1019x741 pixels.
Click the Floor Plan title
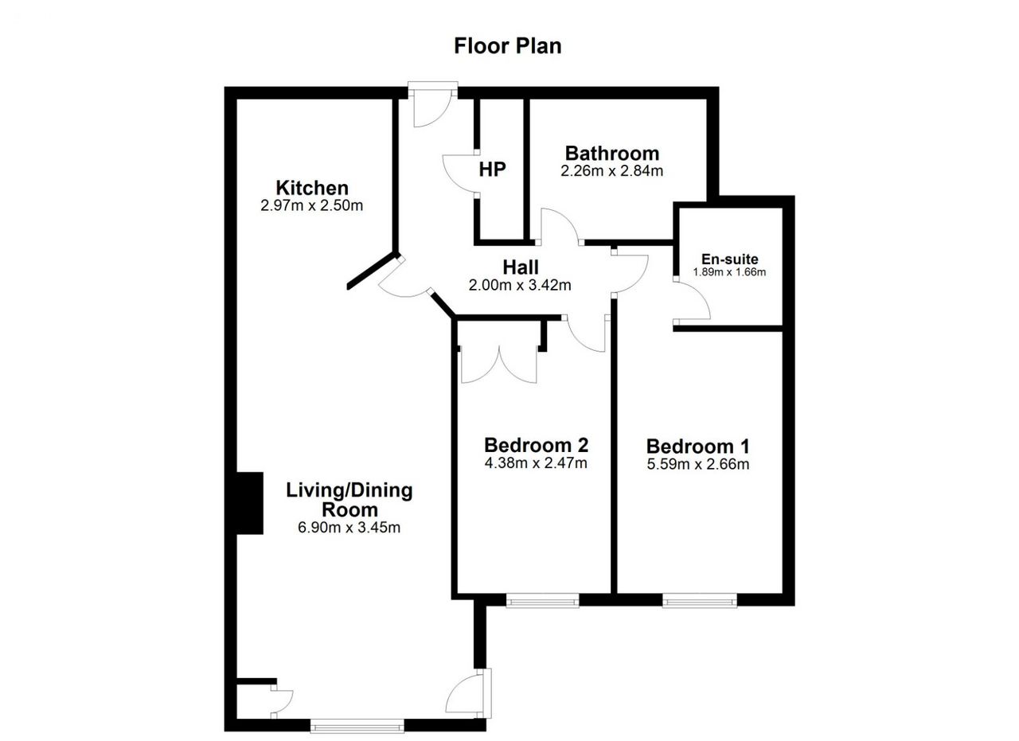(x=508, y=46)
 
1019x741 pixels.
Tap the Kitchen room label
(x=312, y=188)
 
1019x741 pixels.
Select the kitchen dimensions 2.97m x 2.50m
(x=311, y=205)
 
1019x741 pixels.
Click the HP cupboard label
(x=492, y=170)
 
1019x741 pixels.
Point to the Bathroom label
(x=612, y=154)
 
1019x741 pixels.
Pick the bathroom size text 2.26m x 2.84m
(x=612, y=171)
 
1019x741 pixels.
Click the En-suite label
(x=730, y=259)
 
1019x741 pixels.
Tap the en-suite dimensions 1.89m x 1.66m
(x=729, y=272)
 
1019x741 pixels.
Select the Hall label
(x=521, y=267)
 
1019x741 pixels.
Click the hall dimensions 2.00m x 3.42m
(x=520, y=285)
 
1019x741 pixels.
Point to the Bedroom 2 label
(x=537, y=445)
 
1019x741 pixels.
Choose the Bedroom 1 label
(x=698, y=447)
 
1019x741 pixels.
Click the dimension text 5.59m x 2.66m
(x=698, y=465)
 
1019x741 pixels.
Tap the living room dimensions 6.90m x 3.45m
(x=349, y=528)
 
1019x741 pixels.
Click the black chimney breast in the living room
(x=250, y=503)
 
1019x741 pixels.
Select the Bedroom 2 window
(x=542, y=601)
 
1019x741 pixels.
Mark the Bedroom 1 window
(x=700, y=601)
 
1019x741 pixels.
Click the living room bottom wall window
(x=357, y=726)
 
